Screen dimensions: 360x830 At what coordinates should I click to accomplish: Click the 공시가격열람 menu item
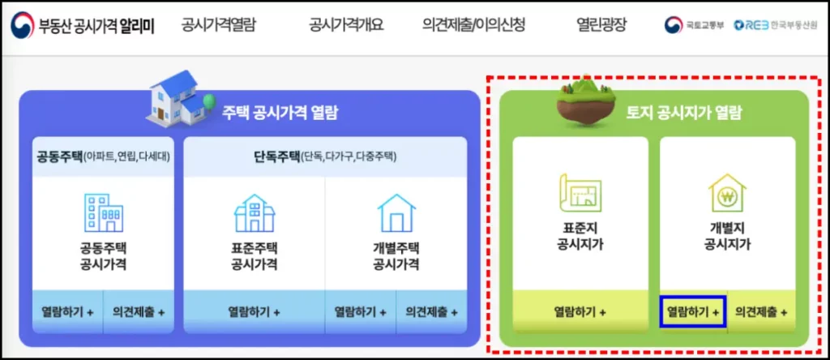(218, 25)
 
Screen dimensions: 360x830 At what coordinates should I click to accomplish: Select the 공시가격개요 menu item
(346, 25)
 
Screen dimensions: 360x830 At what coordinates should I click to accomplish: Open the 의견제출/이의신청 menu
(473, 25)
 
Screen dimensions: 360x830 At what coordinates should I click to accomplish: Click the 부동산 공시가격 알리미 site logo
(83, 25)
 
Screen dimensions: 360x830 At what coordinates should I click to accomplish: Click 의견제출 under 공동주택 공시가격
(139, 311)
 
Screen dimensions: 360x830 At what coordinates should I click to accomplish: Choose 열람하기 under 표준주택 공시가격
(254, 311)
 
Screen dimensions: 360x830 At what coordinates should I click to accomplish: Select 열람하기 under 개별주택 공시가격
(361, 311)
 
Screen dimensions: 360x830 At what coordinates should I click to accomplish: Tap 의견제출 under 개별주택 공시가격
(432, 311)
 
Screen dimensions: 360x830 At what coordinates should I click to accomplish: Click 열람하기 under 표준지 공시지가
(580, 311)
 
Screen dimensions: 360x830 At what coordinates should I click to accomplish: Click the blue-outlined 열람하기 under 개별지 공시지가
(693, 311)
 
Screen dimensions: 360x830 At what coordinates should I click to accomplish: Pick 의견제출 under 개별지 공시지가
(761, 311)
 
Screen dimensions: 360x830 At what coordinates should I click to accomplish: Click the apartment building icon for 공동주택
(104, 213)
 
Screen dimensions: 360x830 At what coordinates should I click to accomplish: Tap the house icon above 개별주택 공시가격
(396, 213)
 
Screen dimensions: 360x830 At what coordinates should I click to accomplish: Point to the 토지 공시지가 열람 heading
(672, 114)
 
